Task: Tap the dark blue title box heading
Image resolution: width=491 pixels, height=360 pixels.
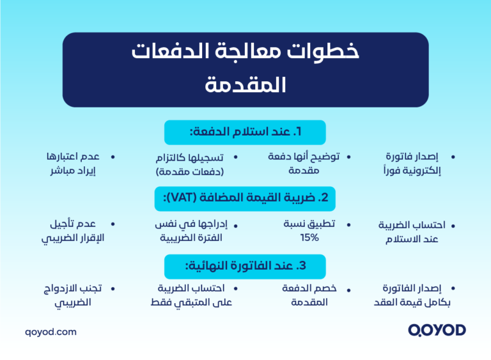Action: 245,69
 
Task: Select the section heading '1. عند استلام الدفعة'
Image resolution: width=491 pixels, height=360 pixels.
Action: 245,132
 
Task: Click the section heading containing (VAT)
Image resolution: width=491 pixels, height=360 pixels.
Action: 245,198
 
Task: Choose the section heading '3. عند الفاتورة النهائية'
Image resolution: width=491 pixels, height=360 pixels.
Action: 245,266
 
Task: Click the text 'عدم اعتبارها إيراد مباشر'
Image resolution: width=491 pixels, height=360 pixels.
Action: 72,164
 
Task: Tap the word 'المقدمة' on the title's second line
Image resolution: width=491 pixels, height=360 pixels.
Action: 245,86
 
